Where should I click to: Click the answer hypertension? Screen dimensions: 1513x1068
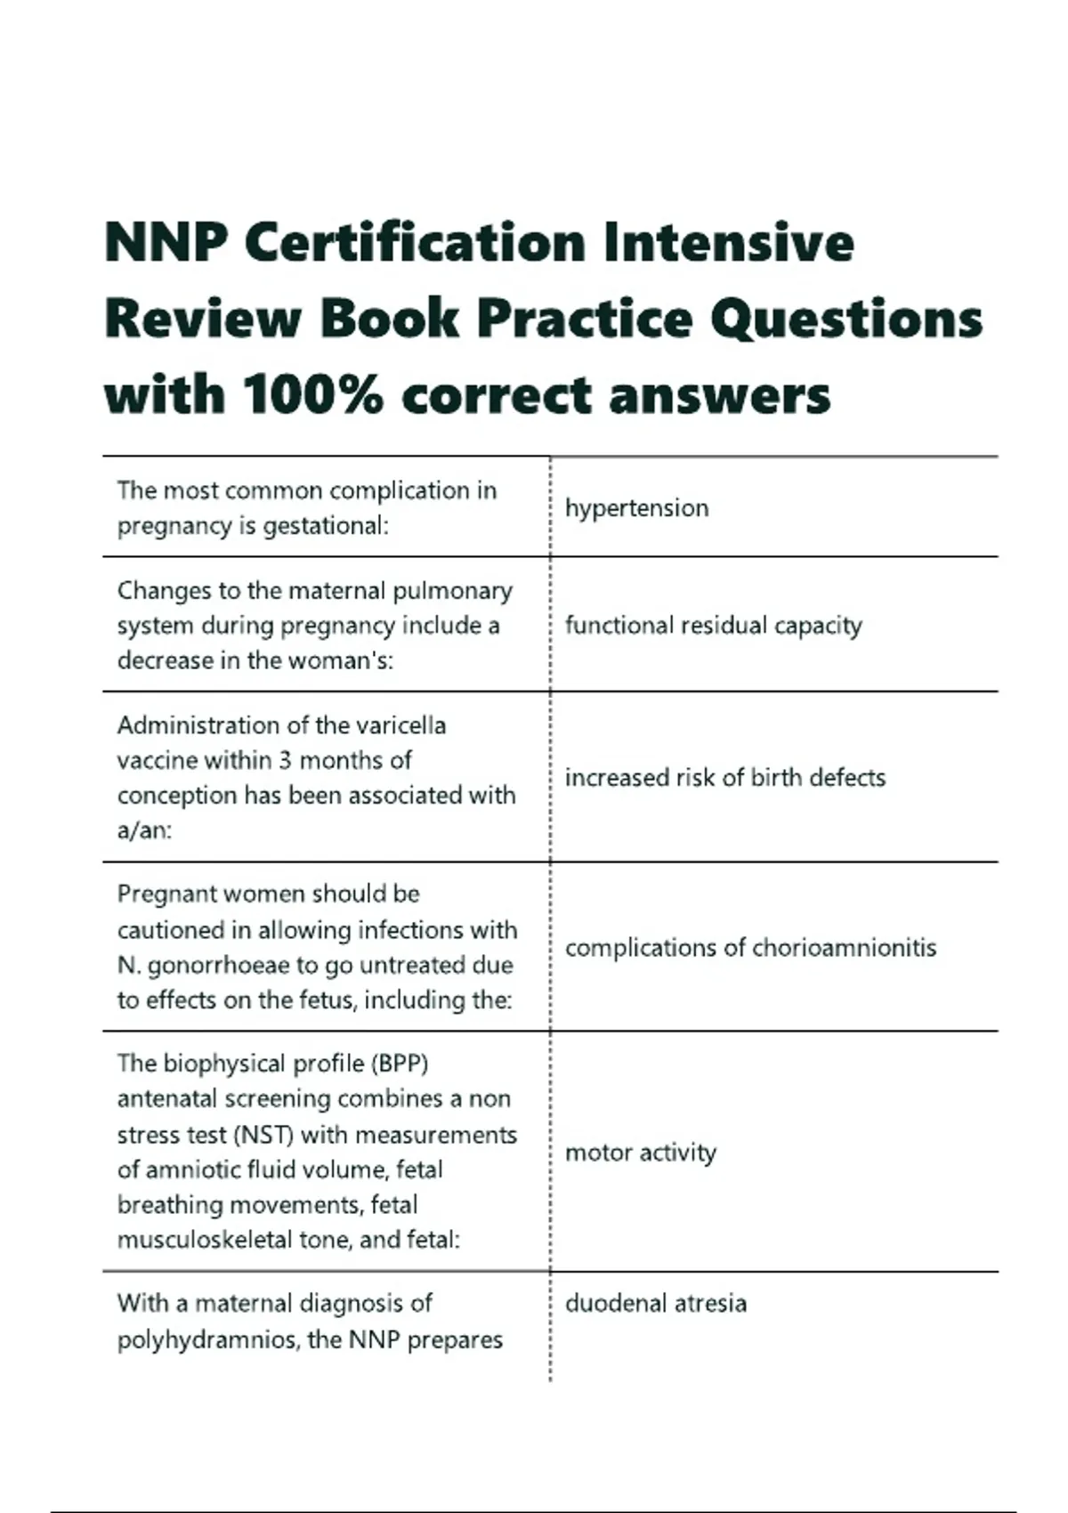[636, 508]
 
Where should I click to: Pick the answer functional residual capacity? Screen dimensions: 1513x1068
[713, 626]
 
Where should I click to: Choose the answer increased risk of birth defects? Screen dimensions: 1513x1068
[724, 778]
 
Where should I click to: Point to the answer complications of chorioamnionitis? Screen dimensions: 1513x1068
[750, 948]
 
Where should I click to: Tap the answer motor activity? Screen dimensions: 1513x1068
[640, 1153]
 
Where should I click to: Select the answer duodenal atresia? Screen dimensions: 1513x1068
[655, 1304]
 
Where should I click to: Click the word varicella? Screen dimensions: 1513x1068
[400, 725]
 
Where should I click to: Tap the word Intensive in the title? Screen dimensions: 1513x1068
[728, 242]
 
